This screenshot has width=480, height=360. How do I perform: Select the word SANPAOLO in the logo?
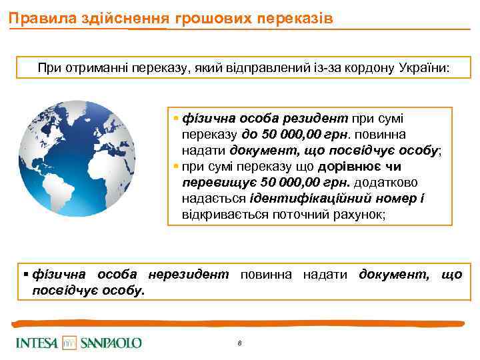point(111,343)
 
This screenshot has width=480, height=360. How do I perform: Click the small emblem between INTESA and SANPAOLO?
point(70,343)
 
